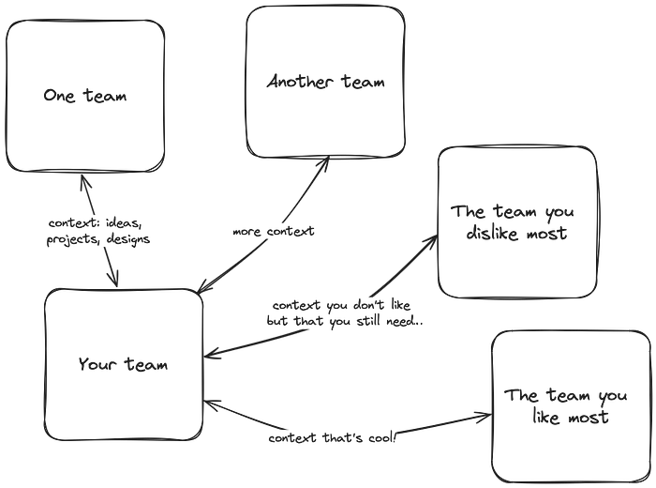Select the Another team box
pyautogui.click(x=325, y=82)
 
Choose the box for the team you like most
pyautogui.click(x=571, y=405)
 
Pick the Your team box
pyautogui.click(x=123, y=365)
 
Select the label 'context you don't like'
pyautogui.click(x=346, y=313)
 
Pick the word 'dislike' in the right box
pyautogui.click(x=490, y=234)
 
